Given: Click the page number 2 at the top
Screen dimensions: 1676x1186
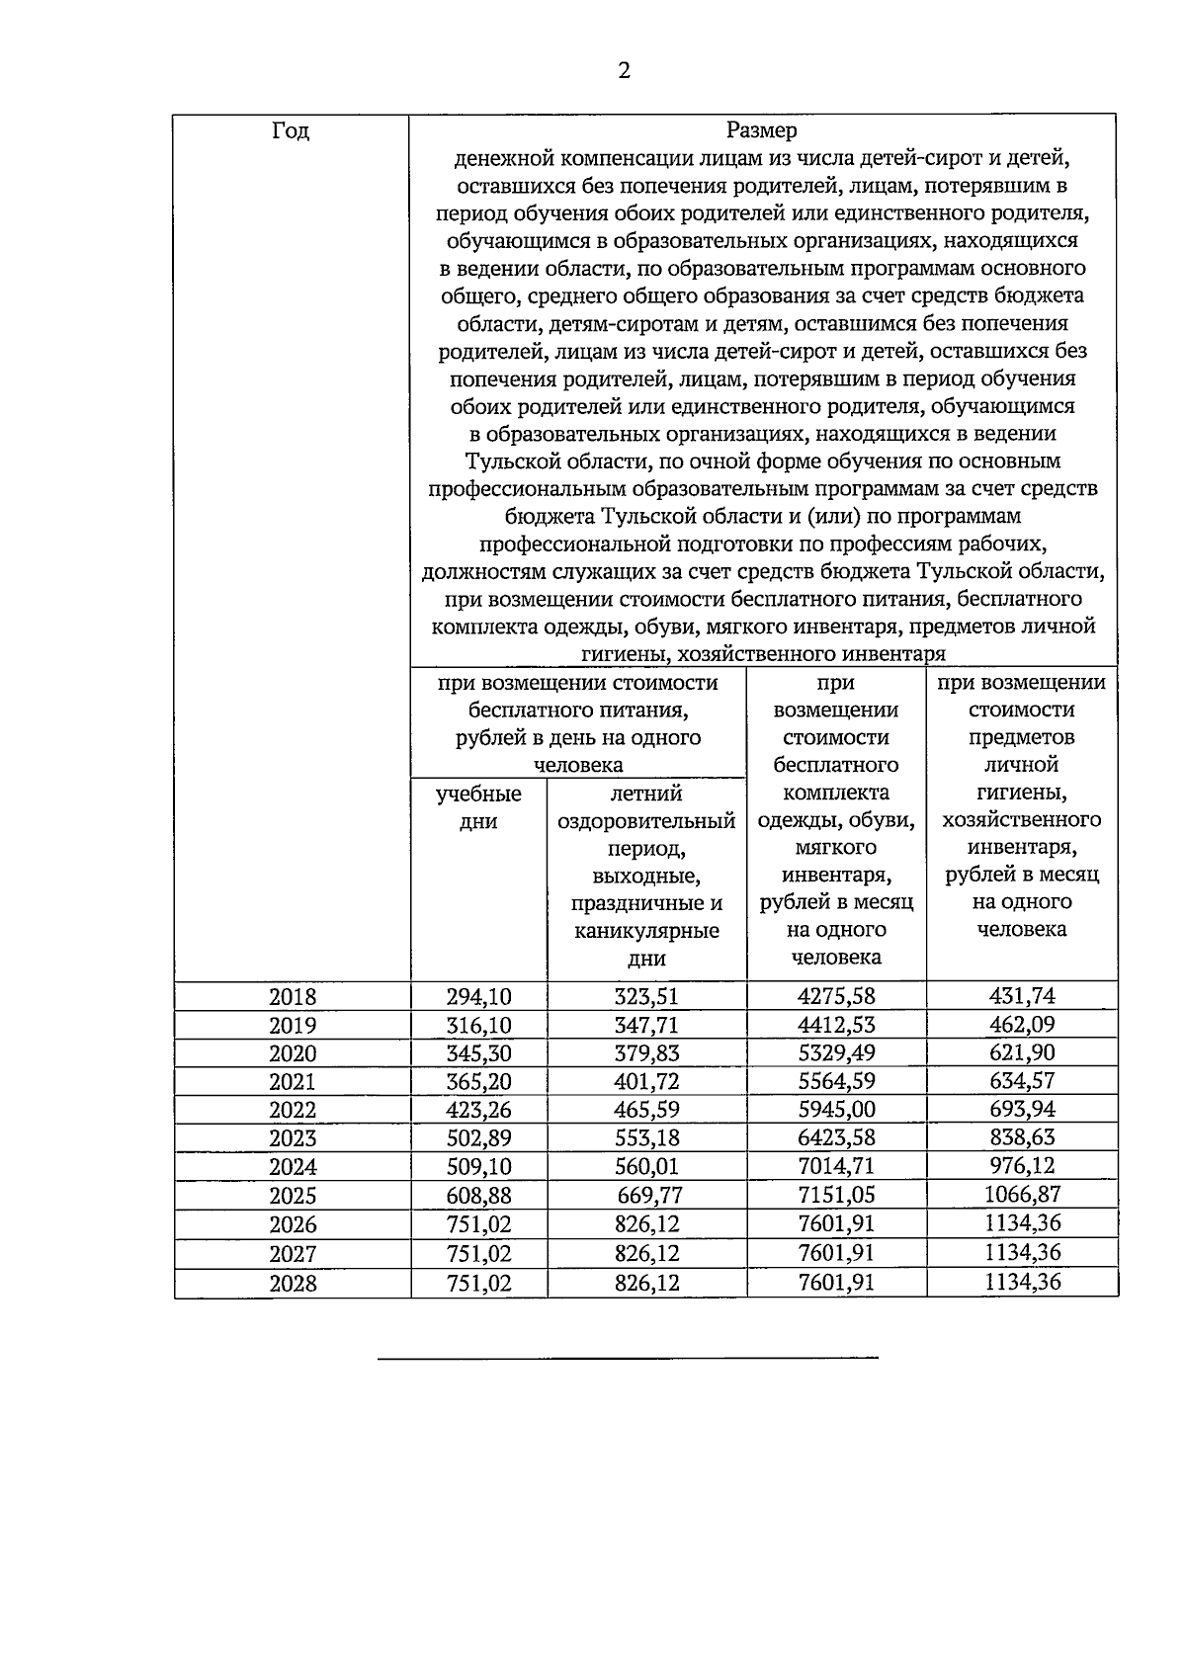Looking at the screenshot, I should point(623,70).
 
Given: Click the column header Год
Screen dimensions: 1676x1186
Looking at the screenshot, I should point(291,131).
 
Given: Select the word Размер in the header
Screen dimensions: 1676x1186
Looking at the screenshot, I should point(762,130).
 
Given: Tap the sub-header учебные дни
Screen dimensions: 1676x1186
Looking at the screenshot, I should point(478,807).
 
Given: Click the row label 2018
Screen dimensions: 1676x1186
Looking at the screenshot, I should point(293,997).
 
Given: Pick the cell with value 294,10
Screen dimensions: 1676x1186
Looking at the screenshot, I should point(478,997).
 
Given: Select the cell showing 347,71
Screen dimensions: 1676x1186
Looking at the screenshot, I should point(646,1025).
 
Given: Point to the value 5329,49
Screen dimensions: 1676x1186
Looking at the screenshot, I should point(836,1053).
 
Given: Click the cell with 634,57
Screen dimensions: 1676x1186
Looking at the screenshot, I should point(1022,1081).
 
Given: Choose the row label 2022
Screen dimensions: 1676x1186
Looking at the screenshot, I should point(293,1110).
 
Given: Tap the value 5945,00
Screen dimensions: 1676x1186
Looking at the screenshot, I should point(836,1110).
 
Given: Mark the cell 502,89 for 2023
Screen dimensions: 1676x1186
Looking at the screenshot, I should point(478,1138).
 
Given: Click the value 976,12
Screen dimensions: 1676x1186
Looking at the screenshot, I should point(1022,1166).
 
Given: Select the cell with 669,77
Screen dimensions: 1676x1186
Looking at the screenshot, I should point(649,1196).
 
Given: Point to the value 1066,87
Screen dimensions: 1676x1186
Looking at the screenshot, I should point(1022,1194).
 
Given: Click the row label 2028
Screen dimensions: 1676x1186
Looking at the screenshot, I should point(293,1283).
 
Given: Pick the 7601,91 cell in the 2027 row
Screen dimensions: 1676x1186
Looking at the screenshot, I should point(836,1253).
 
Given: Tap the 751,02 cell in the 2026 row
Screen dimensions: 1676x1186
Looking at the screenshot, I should point(478,1224).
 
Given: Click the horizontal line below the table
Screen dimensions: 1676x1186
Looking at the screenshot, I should point(628,1359).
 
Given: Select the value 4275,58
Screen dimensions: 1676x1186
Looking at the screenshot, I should point(836,997).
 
